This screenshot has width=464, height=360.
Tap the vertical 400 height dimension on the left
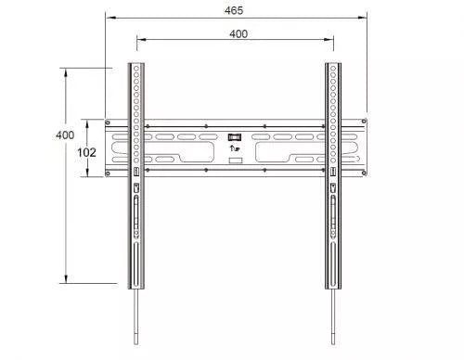[x=64, y=135]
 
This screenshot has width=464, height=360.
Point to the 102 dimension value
[x=85, y=150]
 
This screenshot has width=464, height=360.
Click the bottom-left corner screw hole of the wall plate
[x=110, y=174]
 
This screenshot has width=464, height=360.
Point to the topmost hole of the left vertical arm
[x=136, y=67]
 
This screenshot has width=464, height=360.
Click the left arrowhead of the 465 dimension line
[x=107, y=17]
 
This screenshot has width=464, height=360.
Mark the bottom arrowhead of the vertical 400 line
[x=66, y=281]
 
